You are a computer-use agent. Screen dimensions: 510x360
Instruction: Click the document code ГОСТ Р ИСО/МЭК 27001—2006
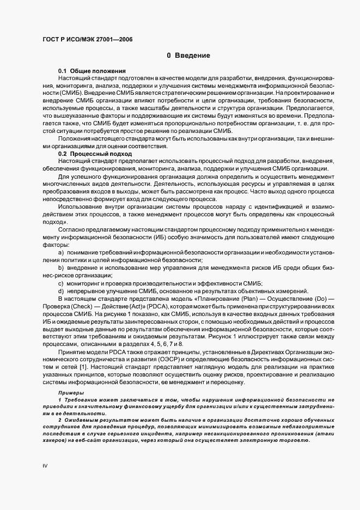pos(87,39)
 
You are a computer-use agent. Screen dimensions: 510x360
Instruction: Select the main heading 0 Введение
pos(188,56)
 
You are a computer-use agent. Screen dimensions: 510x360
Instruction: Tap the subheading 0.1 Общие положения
pos(92,71)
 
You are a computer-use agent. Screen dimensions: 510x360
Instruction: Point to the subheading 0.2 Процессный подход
pos(95,154)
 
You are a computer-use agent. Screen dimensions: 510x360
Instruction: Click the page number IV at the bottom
pos(45,466)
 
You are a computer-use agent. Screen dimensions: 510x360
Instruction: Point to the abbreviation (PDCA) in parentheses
pos(158,306)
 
